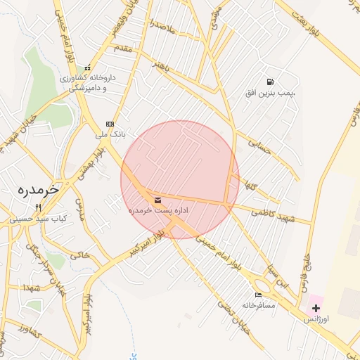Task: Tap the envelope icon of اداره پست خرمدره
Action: point(156,200)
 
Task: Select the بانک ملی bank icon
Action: point(110,123)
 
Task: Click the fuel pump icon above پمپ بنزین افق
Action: point(271,82)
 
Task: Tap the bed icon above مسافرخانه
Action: point(258,295)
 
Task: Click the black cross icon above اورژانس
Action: point(316,308)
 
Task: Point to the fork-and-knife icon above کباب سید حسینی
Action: point(38,208)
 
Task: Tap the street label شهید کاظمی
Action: point(275,214)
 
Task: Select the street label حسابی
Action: point(259,146)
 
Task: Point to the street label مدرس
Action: point(79,212)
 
